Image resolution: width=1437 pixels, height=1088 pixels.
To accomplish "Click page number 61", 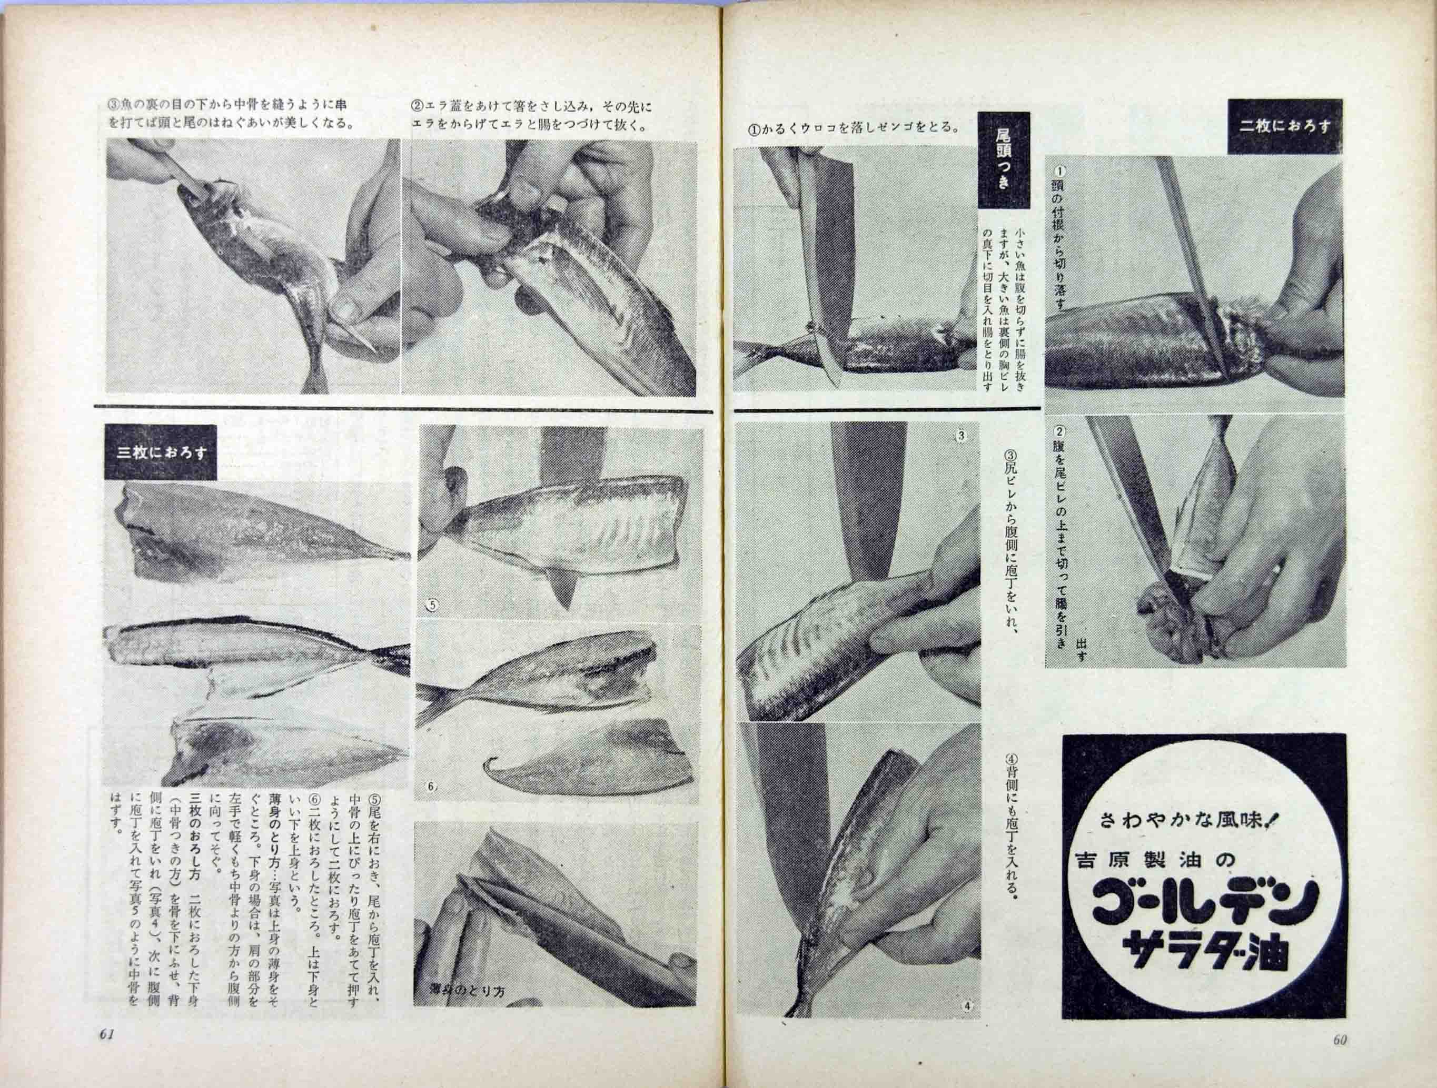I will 107,1054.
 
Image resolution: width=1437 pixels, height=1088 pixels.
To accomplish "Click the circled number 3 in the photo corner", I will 961,436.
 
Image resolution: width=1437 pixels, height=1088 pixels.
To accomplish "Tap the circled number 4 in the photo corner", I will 967,1024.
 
